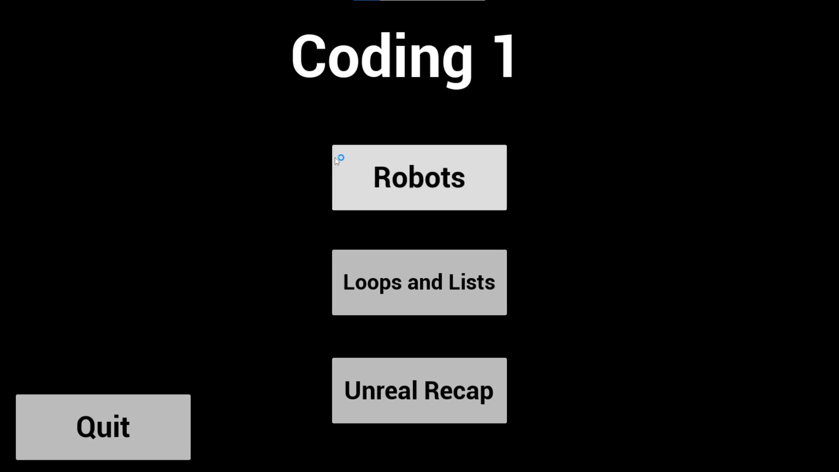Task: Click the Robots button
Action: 419,177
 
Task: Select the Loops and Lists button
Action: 419,282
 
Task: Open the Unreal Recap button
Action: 419,390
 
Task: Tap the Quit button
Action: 103,427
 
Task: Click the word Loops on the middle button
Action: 372,283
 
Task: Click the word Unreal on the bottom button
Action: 381,390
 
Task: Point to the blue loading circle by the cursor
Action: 341,157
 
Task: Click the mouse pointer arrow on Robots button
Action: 337,161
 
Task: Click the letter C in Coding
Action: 308,57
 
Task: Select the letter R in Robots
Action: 383,177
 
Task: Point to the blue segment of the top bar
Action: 367,0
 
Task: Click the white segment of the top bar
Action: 432,0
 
